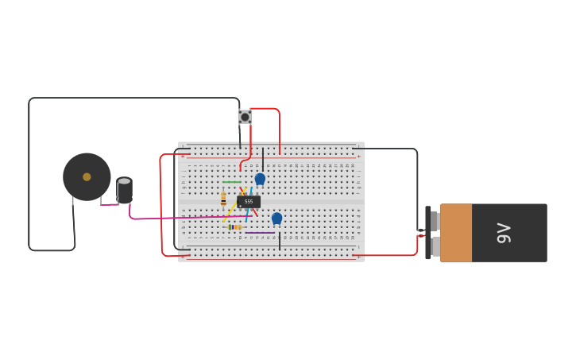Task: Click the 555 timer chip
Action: [249, 202]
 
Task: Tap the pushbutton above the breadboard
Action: [245, 117]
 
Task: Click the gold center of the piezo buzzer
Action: [87, 177]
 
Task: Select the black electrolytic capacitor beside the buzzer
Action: [124, 191]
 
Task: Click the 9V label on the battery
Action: [503, 233]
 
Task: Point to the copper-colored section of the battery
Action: [456, 233]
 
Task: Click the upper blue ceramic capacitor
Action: [260, 179]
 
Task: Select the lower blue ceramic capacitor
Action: [276, 218]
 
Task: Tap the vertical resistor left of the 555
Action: [223, 199]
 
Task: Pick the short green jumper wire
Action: [231, 182]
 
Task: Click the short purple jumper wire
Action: [259, 233]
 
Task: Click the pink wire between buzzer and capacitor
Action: [110, 205]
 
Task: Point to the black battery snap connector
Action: [428, 233]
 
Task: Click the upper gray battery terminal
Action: [435, 221]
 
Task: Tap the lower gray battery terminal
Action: [435, 246]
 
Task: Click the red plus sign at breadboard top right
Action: [358, 157]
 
